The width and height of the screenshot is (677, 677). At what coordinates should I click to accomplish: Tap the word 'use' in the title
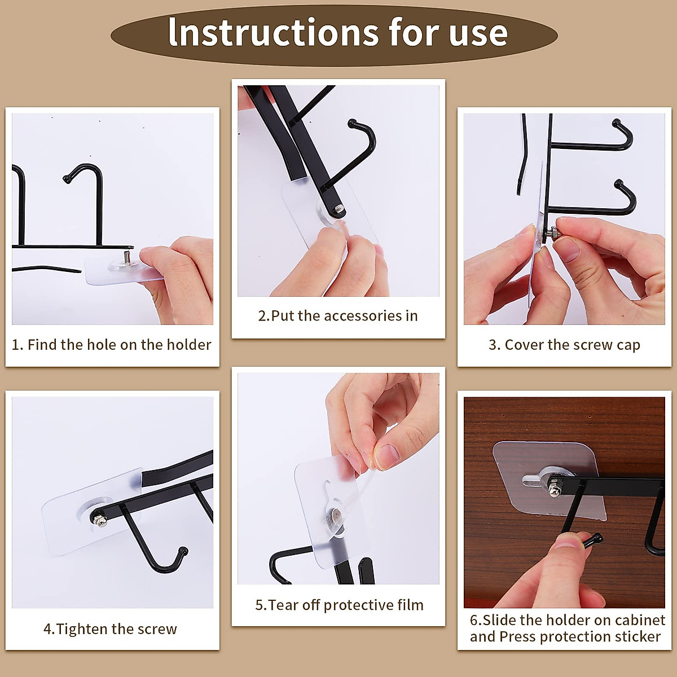pos(478,33)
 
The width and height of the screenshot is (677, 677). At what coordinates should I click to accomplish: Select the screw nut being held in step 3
pos(553,231)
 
